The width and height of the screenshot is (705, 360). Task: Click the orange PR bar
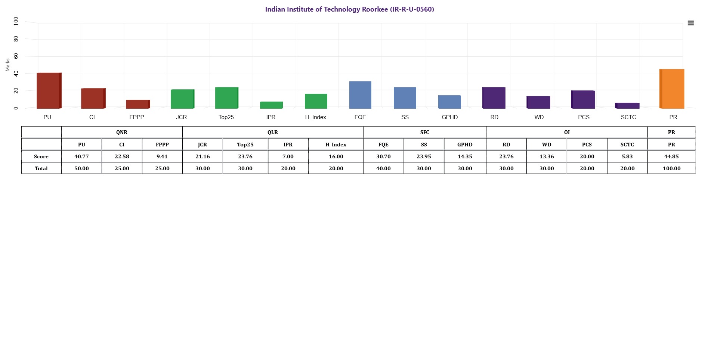(x=672, y=89)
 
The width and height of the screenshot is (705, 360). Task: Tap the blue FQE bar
(x=360, y=95)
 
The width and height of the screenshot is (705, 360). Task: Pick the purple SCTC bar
(x=628, y=106)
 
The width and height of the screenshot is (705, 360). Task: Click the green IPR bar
(x=271, y=105)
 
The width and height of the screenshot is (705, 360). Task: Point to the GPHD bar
(x=449, y=102)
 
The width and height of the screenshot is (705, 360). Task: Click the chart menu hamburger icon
(x=691, y=23)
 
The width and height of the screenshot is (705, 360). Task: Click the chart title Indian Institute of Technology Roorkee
(x=349, y=9)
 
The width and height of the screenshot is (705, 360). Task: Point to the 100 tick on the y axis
(x=16, y=21)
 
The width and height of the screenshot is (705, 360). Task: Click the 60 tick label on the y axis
(x=16, y=56)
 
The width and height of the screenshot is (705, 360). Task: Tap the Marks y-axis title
(x=7, y=65)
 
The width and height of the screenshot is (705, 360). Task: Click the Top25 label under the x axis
(x=226, y=117)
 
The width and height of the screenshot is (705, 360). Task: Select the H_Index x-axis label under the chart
(x=315, y=117)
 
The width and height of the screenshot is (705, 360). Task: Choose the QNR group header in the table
(x=122, y=132)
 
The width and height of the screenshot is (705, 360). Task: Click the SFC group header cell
(x=424, y=132)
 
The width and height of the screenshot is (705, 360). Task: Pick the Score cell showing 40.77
(x=81, y=156)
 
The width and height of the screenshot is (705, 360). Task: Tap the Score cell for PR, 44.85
(x=671, y=156)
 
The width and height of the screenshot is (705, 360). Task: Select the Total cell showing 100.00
(x=671, y=168)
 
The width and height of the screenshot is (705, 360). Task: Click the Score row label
(x=41, y=156)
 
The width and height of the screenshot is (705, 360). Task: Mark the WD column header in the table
(x=547, y=145)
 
